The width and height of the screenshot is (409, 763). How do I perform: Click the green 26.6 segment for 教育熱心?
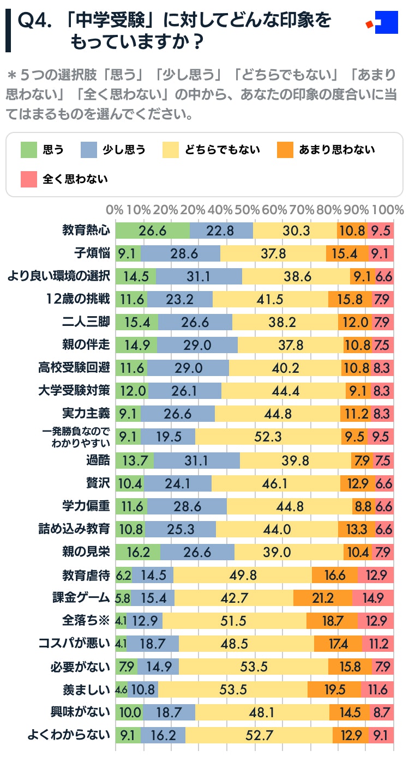[153, 231]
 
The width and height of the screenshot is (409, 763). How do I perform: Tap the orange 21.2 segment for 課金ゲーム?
[323, 598]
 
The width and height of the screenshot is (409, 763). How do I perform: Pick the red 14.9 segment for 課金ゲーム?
[373, 598]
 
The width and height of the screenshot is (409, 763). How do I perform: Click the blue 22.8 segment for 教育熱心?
[221, 231]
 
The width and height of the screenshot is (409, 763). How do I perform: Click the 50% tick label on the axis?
[250, 210]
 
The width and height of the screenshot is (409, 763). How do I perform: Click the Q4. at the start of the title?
[34, 21]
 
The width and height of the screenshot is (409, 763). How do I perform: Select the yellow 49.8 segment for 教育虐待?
[243, 575]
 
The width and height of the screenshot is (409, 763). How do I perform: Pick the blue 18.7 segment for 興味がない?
[169, 712]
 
